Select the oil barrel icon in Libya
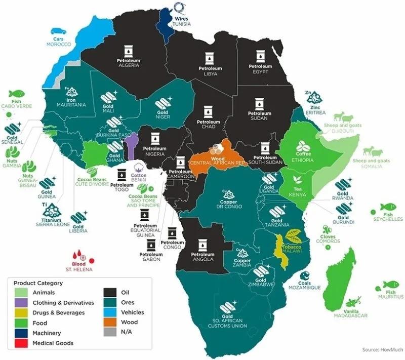(208, 57)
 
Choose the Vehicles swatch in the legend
(111, 312)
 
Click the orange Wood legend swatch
(111, 323)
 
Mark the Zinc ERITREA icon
(315, 96)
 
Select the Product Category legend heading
(38, 283)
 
